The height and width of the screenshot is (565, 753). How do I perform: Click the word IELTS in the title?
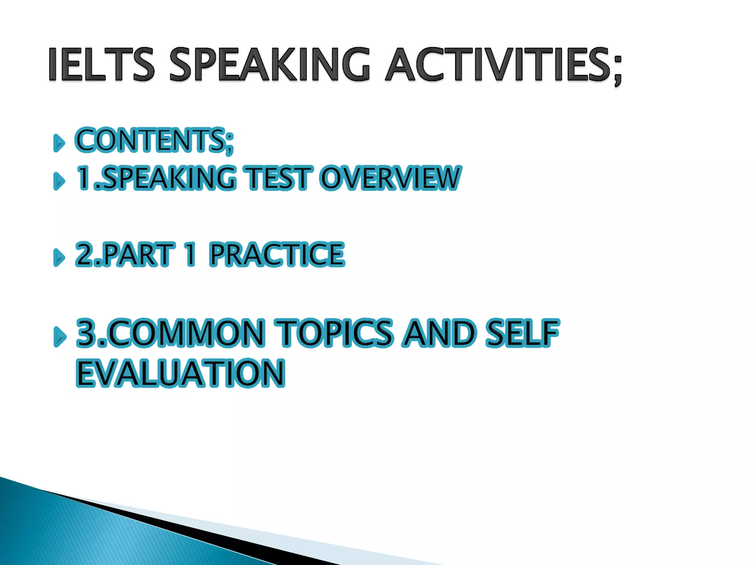(x=101, y=64)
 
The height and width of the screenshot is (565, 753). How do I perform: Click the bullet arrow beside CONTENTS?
(x=59, y=143)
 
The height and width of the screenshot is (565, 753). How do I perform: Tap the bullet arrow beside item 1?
(x=59, y=181)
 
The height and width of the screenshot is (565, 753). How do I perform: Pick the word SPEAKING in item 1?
(x=169, y=178)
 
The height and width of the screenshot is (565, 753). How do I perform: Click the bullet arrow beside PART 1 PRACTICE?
(x=59, y=257)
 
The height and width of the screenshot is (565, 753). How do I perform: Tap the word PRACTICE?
(x=277, y=254)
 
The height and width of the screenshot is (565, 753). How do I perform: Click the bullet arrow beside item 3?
(x=60, y=337)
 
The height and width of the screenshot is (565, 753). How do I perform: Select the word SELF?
(x=522, y=333)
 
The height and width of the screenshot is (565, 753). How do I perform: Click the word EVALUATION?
(x=180, y=373)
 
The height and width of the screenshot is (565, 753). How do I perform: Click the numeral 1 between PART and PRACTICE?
(x=190, y=254)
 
